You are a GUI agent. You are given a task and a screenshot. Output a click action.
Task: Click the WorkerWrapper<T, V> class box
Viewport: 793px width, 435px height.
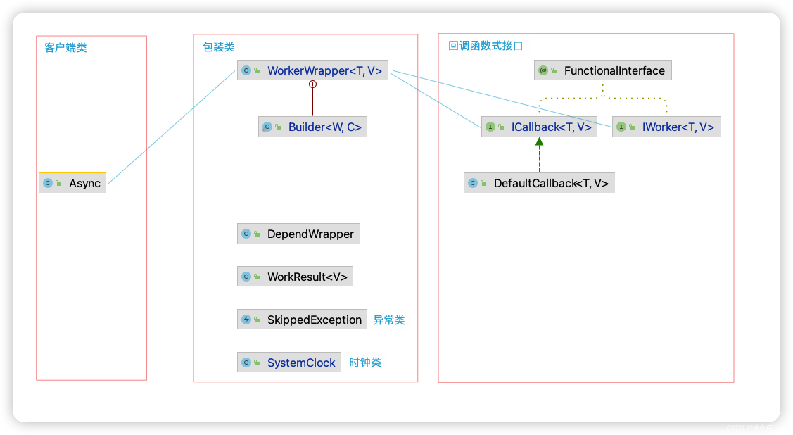coord(312,70)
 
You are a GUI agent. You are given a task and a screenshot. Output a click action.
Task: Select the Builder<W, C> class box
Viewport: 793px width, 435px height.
coord(312,127)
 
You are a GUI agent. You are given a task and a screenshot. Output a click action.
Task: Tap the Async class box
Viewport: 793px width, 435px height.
coord(72,183)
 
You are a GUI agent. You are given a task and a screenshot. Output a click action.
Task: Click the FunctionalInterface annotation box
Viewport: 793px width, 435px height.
coord(603,70)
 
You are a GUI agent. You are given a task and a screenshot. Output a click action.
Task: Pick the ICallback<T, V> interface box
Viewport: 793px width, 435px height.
coord(539,127)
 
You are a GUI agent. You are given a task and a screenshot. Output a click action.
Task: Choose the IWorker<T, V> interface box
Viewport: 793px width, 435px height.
coord(666,127)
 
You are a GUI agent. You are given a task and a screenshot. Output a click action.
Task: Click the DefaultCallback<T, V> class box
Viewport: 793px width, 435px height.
coord(539,183)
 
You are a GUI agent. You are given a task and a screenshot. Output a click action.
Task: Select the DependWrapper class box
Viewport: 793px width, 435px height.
coord(298,234)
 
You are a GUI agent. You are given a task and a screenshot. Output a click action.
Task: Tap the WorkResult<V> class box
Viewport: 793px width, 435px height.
coord(295,277)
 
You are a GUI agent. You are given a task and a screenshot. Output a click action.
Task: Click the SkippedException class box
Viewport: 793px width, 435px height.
coord(302,320)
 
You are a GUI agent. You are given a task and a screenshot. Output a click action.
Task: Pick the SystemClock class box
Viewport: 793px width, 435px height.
coord(288,362)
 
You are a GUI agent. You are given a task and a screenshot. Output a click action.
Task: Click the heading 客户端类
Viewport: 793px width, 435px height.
coord(65,48)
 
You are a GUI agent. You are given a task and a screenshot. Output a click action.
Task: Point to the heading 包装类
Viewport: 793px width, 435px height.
coord(218,47)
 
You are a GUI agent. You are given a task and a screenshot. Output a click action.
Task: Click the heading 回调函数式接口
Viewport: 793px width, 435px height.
coord(486,46)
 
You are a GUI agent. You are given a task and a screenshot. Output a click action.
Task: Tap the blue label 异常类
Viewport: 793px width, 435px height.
coord(389,320)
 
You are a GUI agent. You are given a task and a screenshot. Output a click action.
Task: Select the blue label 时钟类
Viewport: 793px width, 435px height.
coord(365,362)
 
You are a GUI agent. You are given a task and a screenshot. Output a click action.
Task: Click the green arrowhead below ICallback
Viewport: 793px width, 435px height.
coord(539,141)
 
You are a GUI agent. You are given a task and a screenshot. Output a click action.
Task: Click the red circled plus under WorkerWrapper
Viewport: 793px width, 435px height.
coord(312,84)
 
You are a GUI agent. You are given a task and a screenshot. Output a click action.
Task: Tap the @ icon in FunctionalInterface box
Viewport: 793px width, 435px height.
coord(543,70)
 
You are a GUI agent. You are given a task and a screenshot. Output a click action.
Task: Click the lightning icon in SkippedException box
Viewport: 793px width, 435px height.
coord(246,320)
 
